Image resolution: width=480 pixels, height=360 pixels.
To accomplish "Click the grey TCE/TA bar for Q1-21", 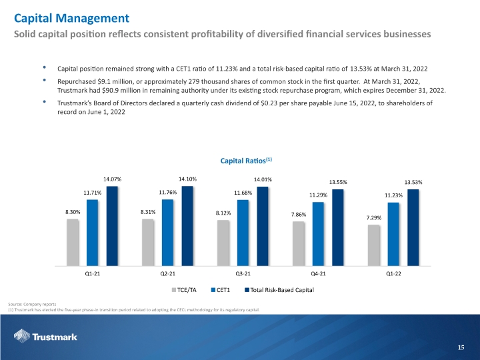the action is click(73, 243).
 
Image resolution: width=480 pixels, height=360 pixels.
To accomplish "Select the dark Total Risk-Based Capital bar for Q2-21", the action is click(187, 226).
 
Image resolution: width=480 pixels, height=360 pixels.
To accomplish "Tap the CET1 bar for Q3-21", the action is click(243, 233).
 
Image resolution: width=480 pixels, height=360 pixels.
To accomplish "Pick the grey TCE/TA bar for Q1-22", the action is click(374, 245).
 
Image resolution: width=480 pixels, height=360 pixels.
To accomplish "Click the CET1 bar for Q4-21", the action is click(318, 234).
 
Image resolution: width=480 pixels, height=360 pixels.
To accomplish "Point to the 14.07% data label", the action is click(113, 179).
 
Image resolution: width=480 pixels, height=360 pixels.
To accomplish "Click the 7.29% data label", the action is click(374, 217).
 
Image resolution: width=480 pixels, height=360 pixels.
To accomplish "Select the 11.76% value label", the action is click(168, 193).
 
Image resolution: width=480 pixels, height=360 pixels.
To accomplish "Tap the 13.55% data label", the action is click(338, 182).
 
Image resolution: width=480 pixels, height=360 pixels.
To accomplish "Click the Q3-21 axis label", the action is click(243, 274).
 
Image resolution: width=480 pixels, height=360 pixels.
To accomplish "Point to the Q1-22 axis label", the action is click(394, 274).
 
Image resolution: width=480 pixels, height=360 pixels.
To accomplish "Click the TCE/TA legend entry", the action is click(184, 290).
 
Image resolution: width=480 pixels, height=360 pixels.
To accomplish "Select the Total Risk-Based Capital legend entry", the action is click(279, 290).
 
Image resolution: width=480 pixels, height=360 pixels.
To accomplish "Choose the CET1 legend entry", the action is click(221, 290).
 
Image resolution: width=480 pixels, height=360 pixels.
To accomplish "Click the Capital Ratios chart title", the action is click(246, 161).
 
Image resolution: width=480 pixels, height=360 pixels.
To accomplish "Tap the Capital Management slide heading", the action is click(71, 19).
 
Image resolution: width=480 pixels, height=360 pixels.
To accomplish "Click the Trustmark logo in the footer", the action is click(45, 336).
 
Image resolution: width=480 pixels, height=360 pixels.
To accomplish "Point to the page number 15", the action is click(461, 347).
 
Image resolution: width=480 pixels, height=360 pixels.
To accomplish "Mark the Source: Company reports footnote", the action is click(32, 304).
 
